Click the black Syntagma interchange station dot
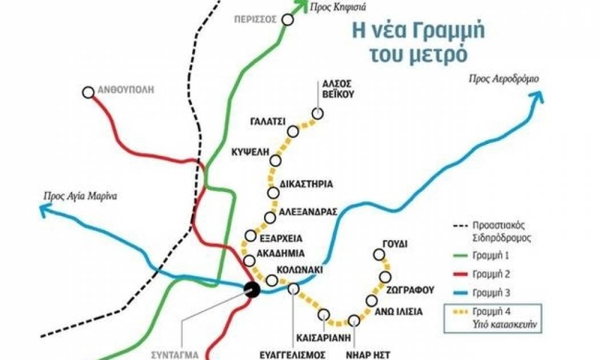(x=251, y=290)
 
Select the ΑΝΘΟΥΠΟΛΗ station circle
(x=88, y=92)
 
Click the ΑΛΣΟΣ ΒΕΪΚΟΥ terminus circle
(x=318, y=113)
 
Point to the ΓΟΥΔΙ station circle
(x=378, y=254)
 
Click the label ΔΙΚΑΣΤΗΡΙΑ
(x=306, y=184)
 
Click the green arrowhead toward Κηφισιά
(x=300, y=6)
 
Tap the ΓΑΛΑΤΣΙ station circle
(x=293, y=132)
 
